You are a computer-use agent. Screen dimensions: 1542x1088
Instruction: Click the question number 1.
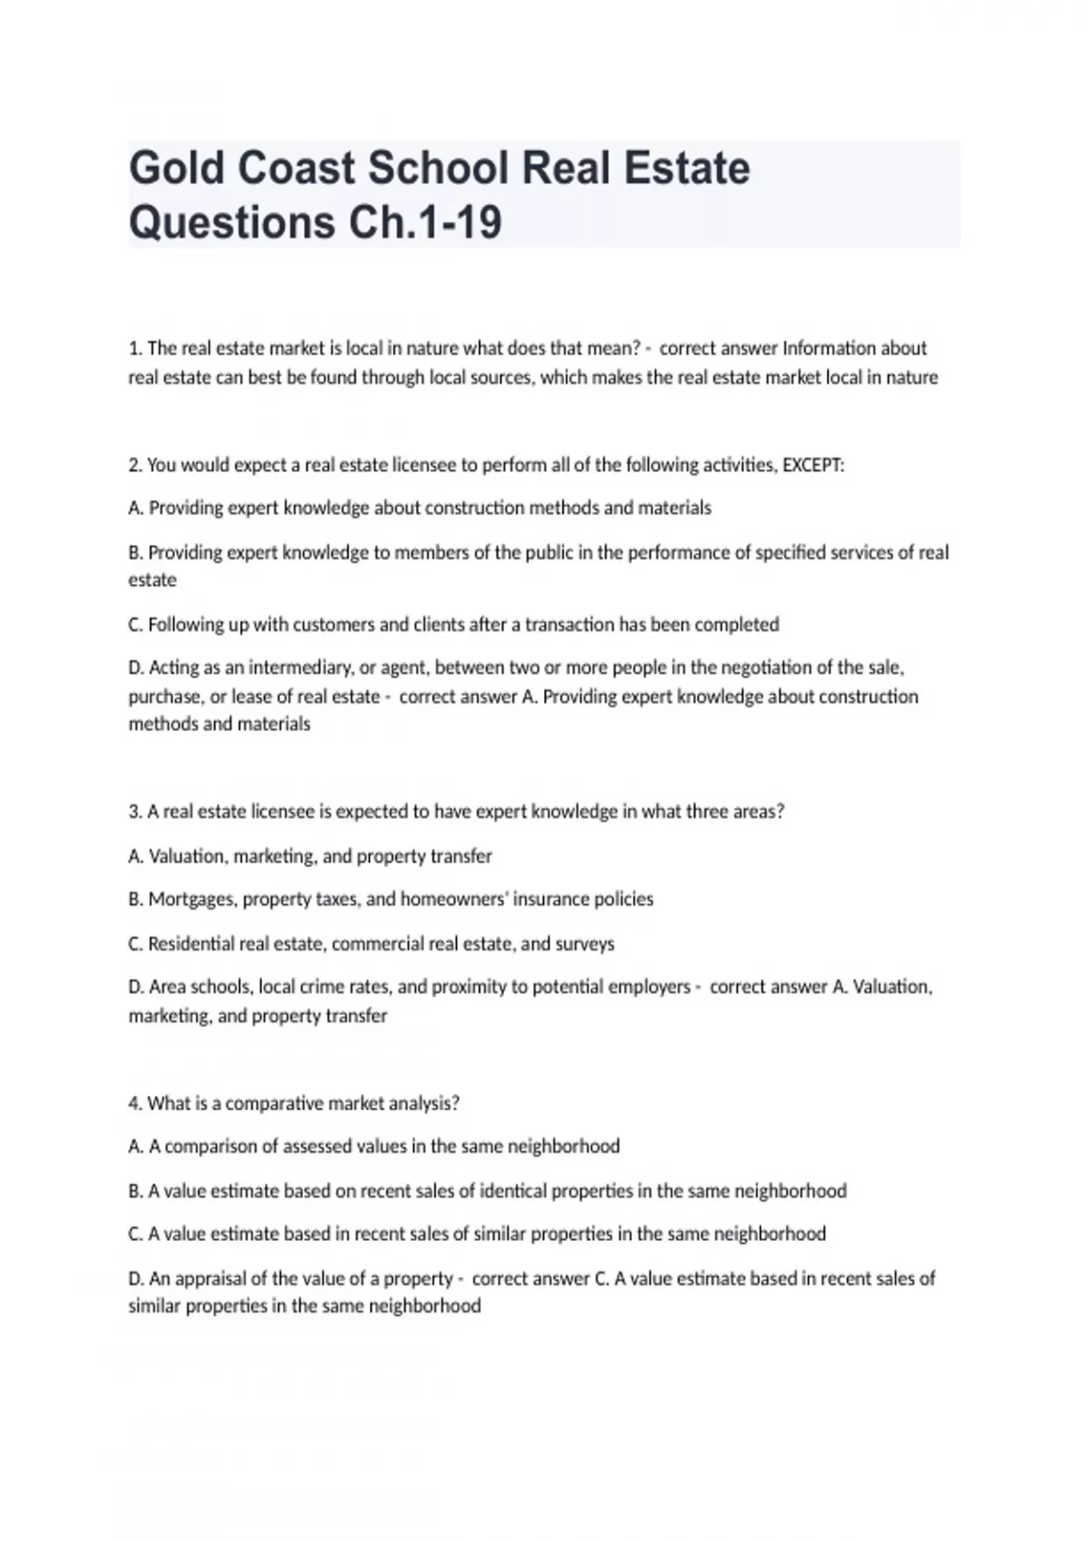click(x=135, y=348)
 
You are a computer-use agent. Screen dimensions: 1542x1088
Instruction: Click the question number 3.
click(x=135, y=812)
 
